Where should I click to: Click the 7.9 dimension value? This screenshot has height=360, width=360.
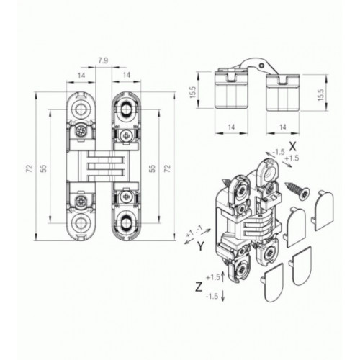[103, 60]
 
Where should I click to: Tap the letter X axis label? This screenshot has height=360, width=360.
[292, 146]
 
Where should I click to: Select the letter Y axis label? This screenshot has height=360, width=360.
[201, 246]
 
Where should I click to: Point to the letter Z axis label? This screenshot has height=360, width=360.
[199, 287]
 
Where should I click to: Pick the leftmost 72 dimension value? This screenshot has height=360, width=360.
[30, 168]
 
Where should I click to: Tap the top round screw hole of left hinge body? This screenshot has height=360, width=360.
[81, 109]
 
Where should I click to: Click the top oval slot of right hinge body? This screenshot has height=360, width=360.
[126, 109]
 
